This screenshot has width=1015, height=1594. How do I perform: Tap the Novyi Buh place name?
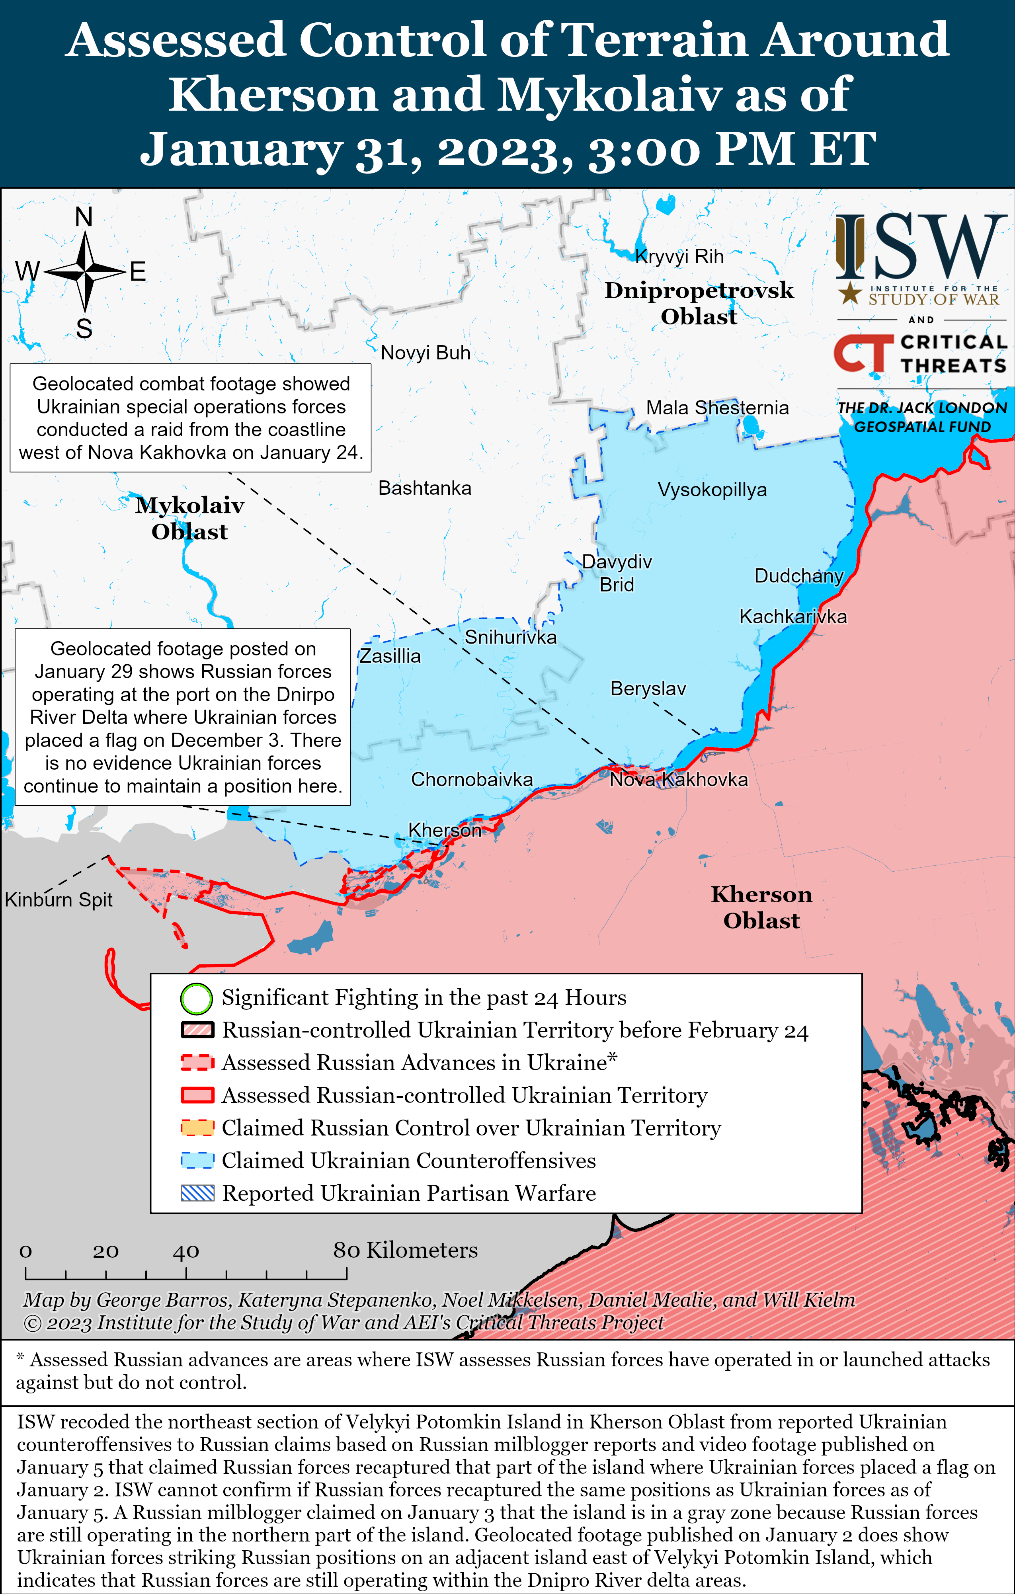tap(425, 353)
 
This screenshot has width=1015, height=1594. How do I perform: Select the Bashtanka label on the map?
tap(424, 488)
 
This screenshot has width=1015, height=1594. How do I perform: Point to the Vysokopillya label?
tap(712, 490)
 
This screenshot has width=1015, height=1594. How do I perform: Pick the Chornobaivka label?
tap(471, 779)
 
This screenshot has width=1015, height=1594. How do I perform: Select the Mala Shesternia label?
tap(717, 408)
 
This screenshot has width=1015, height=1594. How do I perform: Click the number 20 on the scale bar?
tap(105, 1251)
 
